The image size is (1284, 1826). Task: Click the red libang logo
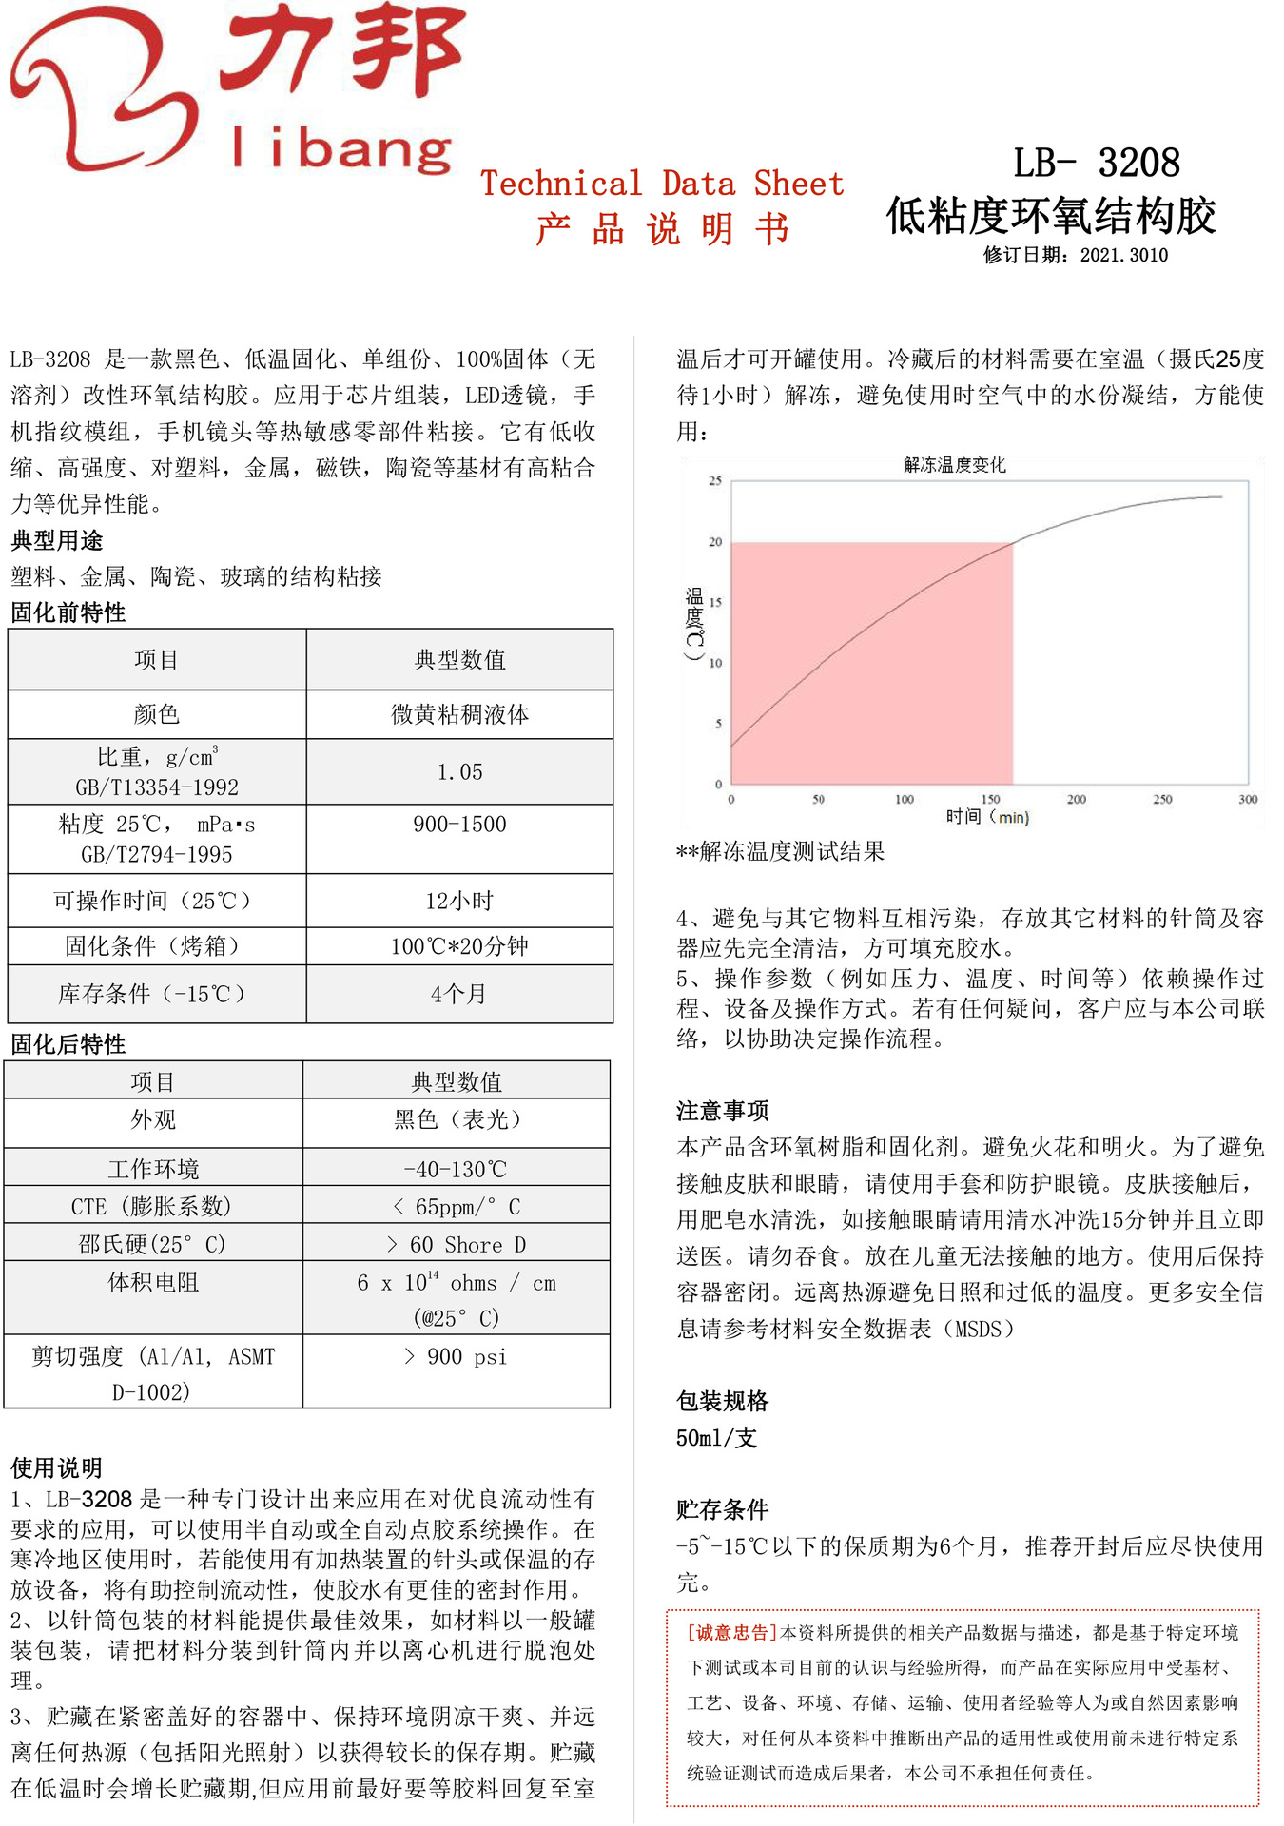(233, 90)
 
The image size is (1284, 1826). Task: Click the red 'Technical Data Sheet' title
(662, 184)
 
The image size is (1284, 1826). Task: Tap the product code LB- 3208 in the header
(1096, 163)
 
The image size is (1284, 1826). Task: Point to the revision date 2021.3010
(1123, 255)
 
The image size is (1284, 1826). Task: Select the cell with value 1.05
(459, 772)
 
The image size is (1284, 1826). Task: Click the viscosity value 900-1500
(459, 825)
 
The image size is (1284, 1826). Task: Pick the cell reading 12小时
(459, 901)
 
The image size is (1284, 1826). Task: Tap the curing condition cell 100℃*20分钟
(459, 946)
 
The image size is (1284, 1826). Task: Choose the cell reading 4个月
(459, 994)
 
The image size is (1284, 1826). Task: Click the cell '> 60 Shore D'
(457, 1245)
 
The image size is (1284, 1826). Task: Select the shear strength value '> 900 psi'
(457, 1357)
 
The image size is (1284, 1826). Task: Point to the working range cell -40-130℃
(457, 1169)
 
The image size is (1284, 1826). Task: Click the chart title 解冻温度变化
(954, 465)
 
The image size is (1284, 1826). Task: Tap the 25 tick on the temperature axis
(715, 481)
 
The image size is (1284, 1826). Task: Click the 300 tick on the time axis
(1248, 800)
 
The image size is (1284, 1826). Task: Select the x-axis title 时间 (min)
(987, 817)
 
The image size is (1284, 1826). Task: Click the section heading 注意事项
(722, 1111)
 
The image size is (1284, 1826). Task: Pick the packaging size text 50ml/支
(716, 1438)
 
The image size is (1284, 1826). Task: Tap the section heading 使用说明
(56, 1467)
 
